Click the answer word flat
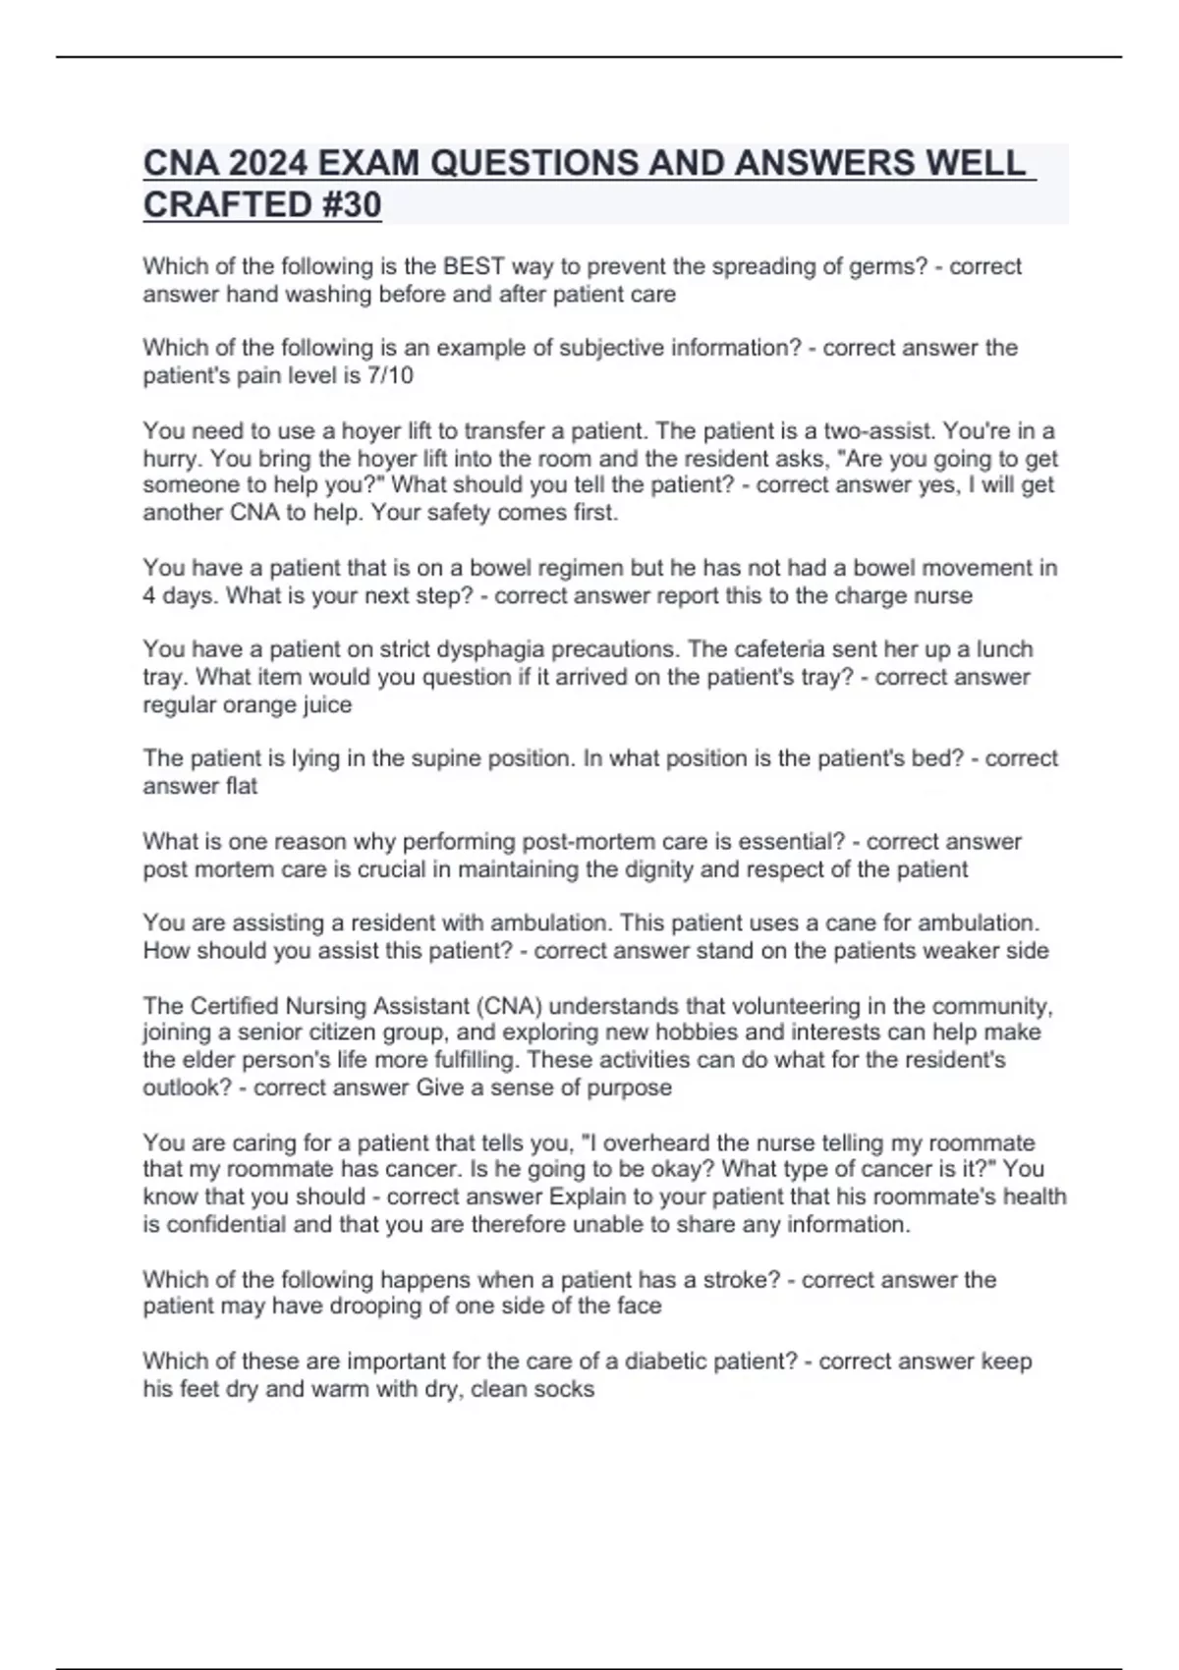241,786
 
